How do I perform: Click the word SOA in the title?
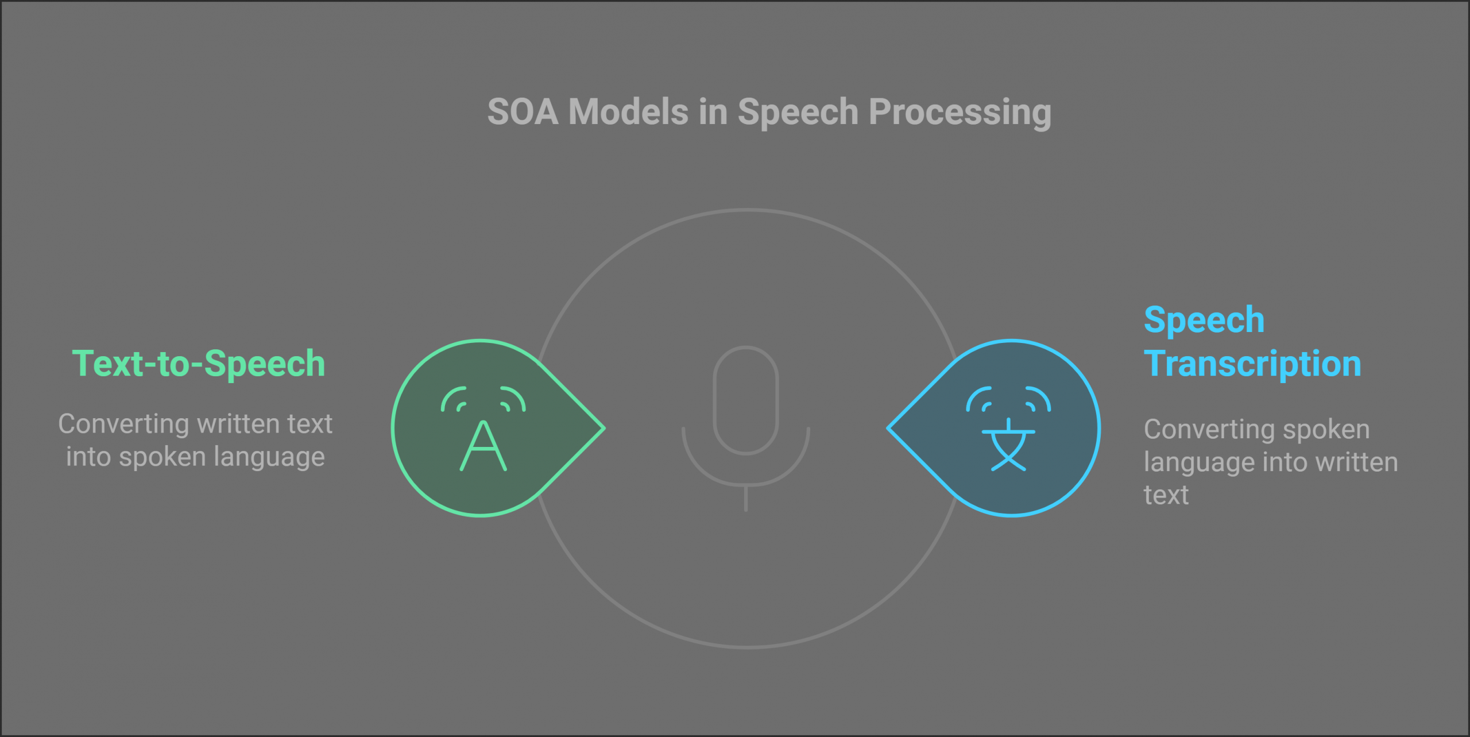[x=523, y=111]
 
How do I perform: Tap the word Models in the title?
[x=628, y=111]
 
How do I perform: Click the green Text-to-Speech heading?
[x=199, y=364]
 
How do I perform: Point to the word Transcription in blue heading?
[x=1252, y=364]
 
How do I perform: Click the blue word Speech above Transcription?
[x=1204, y=321]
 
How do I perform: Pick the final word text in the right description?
[x=1166, y=495]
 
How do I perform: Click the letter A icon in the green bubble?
[x=483, y=446]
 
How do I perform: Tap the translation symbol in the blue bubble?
[x=1008, y=445]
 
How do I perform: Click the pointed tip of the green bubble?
[x=605, y=428]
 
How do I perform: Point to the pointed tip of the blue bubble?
[x=888, y=428]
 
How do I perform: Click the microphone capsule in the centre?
[x=745, y=400]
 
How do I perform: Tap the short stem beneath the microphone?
[x=745, y=499]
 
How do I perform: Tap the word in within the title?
[x=713, y=111]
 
